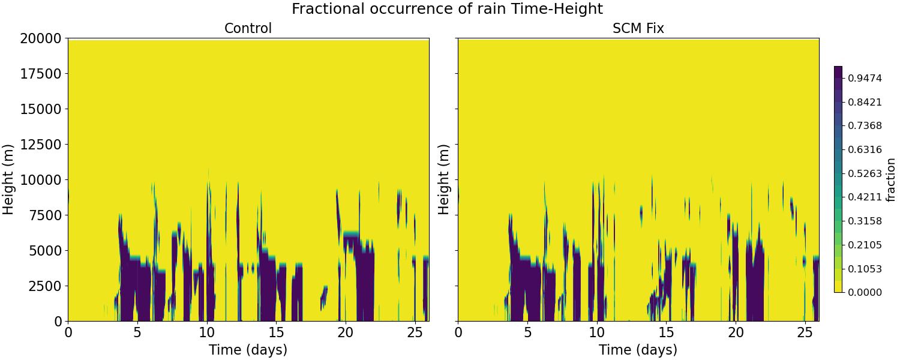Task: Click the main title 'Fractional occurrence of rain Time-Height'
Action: click(x=447, y=9)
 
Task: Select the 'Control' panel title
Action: click(x=248, y=28)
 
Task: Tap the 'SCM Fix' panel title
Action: click(x=638, y=28)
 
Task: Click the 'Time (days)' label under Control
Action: click(x=248, y=350)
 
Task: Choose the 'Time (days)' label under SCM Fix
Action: click(x=638, y=350)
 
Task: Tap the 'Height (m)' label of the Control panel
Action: click(x=8, y=179)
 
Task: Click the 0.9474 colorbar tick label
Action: click(x=865, y=78)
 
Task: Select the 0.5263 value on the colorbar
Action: click(x=865, y=173)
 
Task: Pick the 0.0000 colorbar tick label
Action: click(x=865, y=292)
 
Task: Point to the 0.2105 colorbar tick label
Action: click(x=865, y=245)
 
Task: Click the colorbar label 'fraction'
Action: click(x=890, y=179)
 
